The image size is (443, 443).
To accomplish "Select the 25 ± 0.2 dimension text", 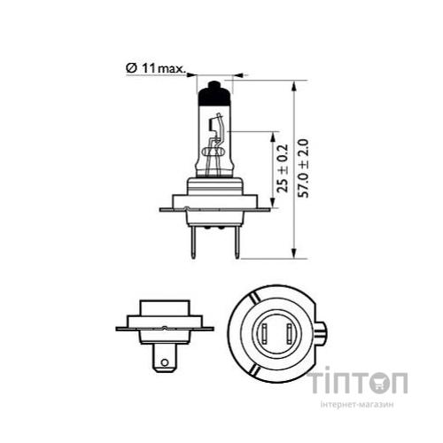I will point(281,169).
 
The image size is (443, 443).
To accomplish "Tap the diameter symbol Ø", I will point(130,66).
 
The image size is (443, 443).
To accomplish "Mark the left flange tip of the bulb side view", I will point(161,209).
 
